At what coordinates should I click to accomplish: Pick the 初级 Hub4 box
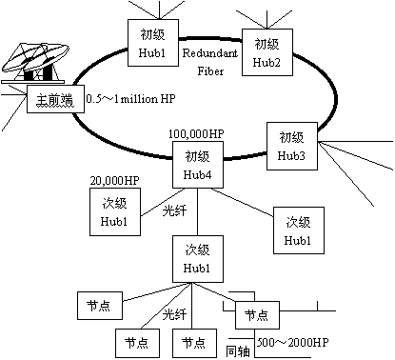pos(197,163)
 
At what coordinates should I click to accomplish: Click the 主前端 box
pos(54,100)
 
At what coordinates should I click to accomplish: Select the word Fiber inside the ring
pos(211,70)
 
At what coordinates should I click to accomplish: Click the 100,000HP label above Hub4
pos(196,134)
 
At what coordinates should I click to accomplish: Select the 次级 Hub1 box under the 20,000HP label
pos(107,211)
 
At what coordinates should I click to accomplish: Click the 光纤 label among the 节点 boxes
pos(172,314)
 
